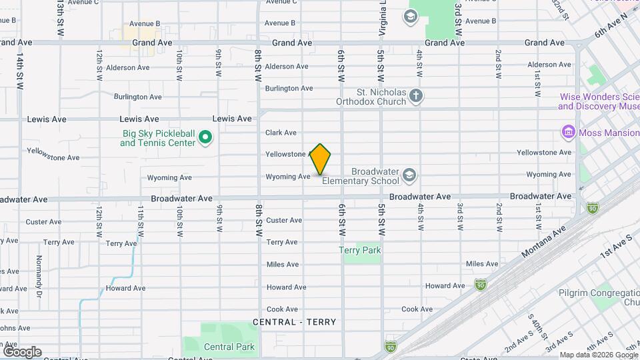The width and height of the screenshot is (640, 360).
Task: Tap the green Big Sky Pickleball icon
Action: [206, 139]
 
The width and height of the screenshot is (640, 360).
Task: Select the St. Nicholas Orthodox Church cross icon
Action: [416, 97]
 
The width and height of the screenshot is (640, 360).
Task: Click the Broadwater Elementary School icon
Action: [409, 176]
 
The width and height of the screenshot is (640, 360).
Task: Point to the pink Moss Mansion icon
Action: [569, 133]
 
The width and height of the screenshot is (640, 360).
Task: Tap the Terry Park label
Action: [360, 251]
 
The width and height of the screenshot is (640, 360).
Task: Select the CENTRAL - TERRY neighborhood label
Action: [295, 322]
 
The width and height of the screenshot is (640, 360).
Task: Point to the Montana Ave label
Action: [544, 240]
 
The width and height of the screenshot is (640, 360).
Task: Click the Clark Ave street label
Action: [281, 133]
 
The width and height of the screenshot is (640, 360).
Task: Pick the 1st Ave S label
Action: [615, 246]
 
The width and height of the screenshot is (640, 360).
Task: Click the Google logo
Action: [22, 351]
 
